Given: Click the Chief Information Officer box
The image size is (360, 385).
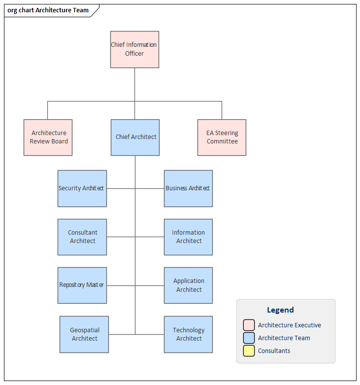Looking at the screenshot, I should coord(134,49).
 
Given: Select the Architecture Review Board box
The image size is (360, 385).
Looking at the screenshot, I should coord(48,138).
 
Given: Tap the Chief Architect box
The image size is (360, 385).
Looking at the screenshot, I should coord(135,138).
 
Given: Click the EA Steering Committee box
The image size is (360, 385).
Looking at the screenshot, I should coord(222,138).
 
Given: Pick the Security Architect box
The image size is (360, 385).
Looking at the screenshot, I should coord(82,188).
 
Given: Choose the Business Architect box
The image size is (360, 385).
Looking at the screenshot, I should coord(188,188).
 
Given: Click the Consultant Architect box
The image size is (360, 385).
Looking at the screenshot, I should coord(82,237).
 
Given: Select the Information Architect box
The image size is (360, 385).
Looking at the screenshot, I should coord(188,237).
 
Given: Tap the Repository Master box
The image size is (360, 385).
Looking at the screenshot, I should coord(82,285).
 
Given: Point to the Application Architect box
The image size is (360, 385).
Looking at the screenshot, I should coord(188,285).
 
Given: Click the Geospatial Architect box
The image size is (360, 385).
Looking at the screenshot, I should coord(84,334).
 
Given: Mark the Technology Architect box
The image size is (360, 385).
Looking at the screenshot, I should coord(188,334).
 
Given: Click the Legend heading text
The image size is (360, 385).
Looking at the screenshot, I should coord(280,310).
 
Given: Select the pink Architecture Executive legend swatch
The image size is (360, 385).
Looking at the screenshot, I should coord(249,325).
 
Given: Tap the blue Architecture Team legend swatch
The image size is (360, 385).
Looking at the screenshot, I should coord(249,338).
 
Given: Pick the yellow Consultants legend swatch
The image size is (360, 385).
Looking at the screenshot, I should coord(249,351).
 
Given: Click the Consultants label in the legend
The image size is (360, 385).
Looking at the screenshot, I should coord(274,351).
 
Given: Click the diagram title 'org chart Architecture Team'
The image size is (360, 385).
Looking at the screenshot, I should coord(48,10).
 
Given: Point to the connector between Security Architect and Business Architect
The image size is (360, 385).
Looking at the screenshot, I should coord(121,188).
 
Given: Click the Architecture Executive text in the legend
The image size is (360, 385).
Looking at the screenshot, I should coord(289,325).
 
